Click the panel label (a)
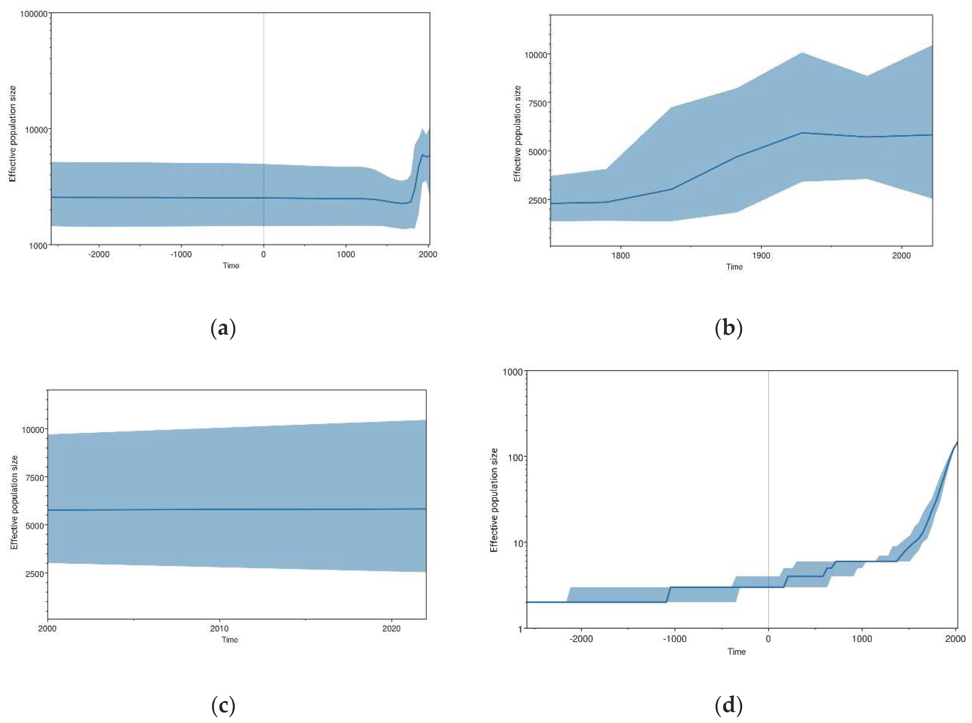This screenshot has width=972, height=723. (223, 328)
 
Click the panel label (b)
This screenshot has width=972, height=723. (728, 328)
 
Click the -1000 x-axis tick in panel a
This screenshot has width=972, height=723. (181, 254)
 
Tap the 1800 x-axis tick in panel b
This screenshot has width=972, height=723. (620, 256)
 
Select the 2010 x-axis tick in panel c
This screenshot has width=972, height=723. (219, 628)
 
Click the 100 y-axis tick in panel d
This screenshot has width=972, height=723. (515, 457)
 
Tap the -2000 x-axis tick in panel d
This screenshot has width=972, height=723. (581, 639)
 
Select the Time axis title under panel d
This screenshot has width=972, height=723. (736, 652)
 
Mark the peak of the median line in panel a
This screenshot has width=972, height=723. (422, 155)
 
